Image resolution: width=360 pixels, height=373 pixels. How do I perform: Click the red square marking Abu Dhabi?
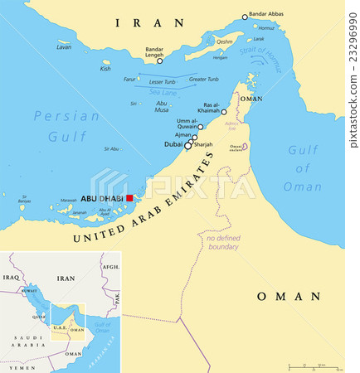129,198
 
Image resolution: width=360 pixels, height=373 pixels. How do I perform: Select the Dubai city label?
173,144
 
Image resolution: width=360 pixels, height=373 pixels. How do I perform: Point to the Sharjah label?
203,144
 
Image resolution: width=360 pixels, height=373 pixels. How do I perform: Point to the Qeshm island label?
225,41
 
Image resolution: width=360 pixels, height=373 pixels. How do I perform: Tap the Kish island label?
105,69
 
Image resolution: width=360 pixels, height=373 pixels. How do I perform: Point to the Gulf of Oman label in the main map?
304,167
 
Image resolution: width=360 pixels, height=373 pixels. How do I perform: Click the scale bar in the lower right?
314,366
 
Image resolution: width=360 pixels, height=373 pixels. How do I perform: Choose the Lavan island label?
64,47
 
